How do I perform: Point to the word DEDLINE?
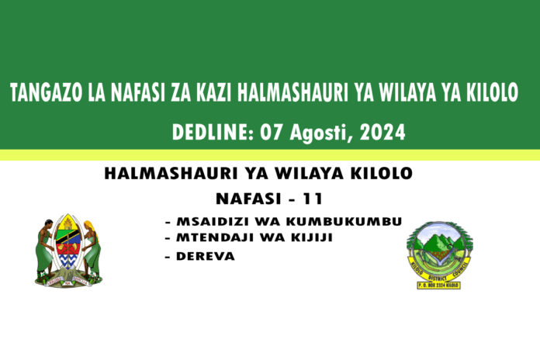[204, 133]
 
